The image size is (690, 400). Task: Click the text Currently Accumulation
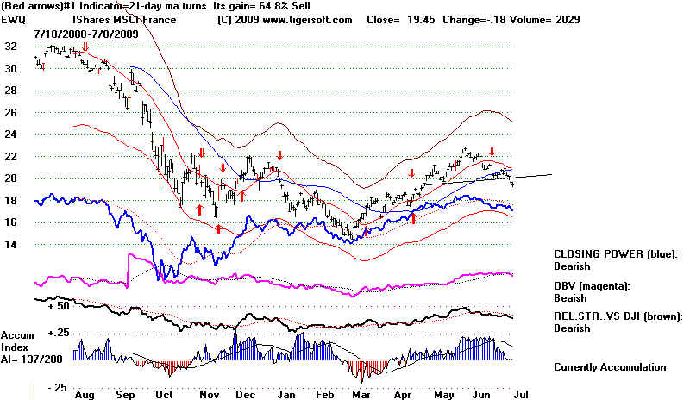(611, 367)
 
